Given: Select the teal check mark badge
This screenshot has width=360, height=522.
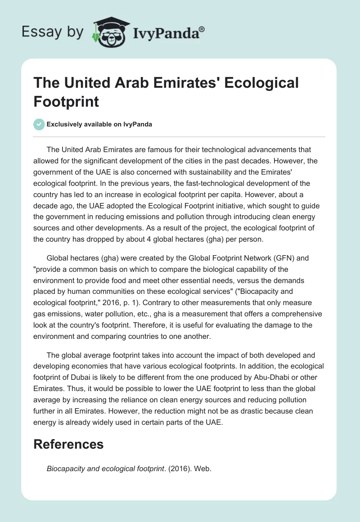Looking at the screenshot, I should click(40, 124).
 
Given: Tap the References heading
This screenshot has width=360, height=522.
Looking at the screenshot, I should click(68, 444).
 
